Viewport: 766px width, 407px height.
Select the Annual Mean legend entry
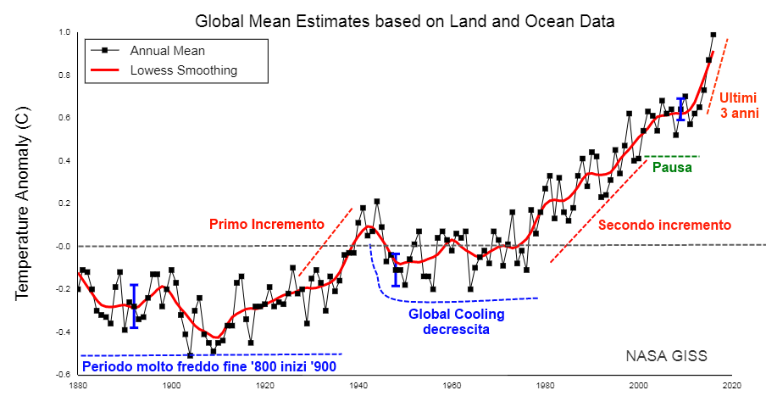[167, 51]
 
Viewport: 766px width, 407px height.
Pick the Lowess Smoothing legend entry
[183, 70]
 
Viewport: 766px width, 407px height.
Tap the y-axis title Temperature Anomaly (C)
[23, 206]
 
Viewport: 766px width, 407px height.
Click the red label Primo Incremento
[266, 225]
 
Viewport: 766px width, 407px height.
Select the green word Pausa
[672, 168]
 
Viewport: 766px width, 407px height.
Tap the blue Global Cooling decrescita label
[456, 321]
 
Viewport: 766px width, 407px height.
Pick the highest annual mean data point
[713, 35]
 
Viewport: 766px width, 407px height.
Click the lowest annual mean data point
[190, 355]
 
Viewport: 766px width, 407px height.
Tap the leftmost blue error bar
[134, 305]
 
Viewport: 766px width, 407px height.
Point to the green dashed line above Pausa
[672, 156]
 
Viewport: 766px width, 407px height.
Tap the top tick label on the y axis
[64, 32]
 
